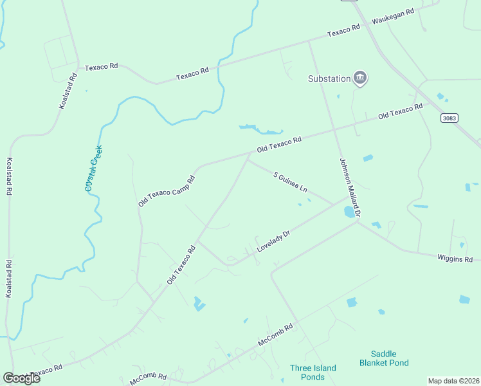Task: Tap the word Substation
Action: click(329, 79)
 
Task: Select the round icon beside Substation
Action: click(361, 78)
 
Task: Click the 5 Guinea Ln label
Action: click(291, 183)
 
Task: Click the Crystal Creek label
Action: click(93, 169)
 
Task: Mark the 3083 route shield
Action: click(450, 118)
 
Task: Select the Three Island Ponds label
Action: click(313, 372)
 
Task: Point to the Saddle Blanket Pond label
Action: click(384, 358)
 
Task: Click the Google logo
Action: click(22, 378)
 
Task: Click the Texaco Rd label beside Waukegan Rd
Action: click(343, 31)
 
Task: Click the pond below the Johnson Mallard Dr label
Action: click(349, 212)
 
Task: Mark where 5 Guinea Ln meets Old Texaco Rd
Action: click(248, 160)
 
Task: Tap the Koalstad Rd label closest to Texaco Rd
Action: click(68, 90)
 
